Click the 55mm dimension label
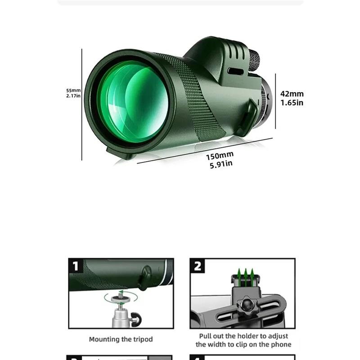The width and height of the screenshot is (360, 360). click(x=73, y=90)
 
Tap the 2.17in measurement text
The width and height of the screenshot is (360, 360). click(x=73, y=96)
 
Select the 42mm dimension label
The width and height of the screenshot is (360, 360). click(x=292, y=94)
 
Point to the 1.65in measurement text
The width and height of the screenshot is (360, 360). click(x=292, y=103)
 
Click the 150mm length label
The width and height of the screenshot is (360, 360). click(x=220, y=156)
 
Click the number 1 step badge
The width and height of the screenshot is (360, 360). click(x=75, y=266)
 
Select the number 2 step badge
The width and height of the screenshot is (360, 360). click(x=197, y=266)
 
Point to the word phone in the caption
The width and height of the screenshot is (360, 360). click(x=281, y=344)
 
